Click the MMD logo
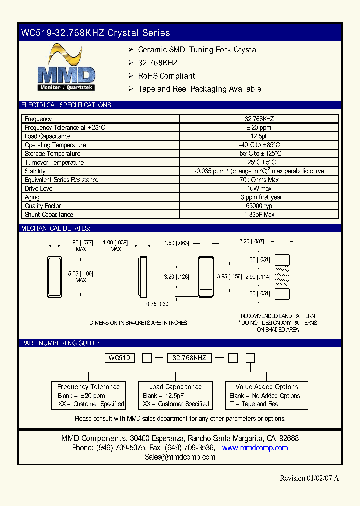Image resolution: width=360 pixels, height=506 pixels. pos(67,67)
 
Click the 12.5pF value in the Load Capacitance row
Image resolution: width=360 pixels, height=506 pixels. pos(259,136)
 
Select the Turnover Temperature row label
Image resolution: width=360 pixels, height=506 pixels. pos(54,163)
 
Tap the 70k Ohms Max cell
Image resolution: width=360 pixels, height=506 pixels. pos(259,180)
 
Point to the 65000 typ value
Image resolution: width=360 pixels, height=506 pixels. pos(259,206)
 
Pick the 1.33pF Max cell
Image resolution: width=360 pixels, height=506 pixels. pos(259,215)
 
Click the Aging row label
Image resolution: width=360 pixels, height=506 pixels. pos(32,197)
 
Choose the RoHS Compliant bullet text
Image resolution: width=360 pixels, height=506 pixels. pos(166,76)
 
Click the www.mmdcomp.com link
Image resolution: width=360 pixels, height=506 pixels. pos(255,448)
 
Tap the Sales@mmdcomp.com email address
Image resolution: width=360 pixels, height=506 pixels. pos(180,457)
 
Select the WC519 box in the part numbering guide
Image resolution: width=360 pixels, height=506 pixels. pos(119,358)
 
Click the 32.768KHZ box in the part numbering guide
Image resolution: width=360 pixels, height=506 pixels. pos(189,358)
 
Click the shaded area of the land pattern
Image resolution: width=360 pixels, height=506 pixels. pos(282,276)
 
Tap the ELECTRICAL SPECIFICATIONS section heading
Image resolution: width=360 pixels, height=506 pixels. pos(66,105)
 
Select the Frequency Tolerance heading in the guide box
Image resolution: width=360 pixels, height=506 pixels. pos(88,387)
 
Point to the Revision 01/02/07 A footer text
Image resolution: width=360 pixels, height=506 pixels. pos(309,478)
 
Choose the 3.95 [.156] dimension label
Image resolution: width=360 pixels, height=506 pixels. pos(229,276)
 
